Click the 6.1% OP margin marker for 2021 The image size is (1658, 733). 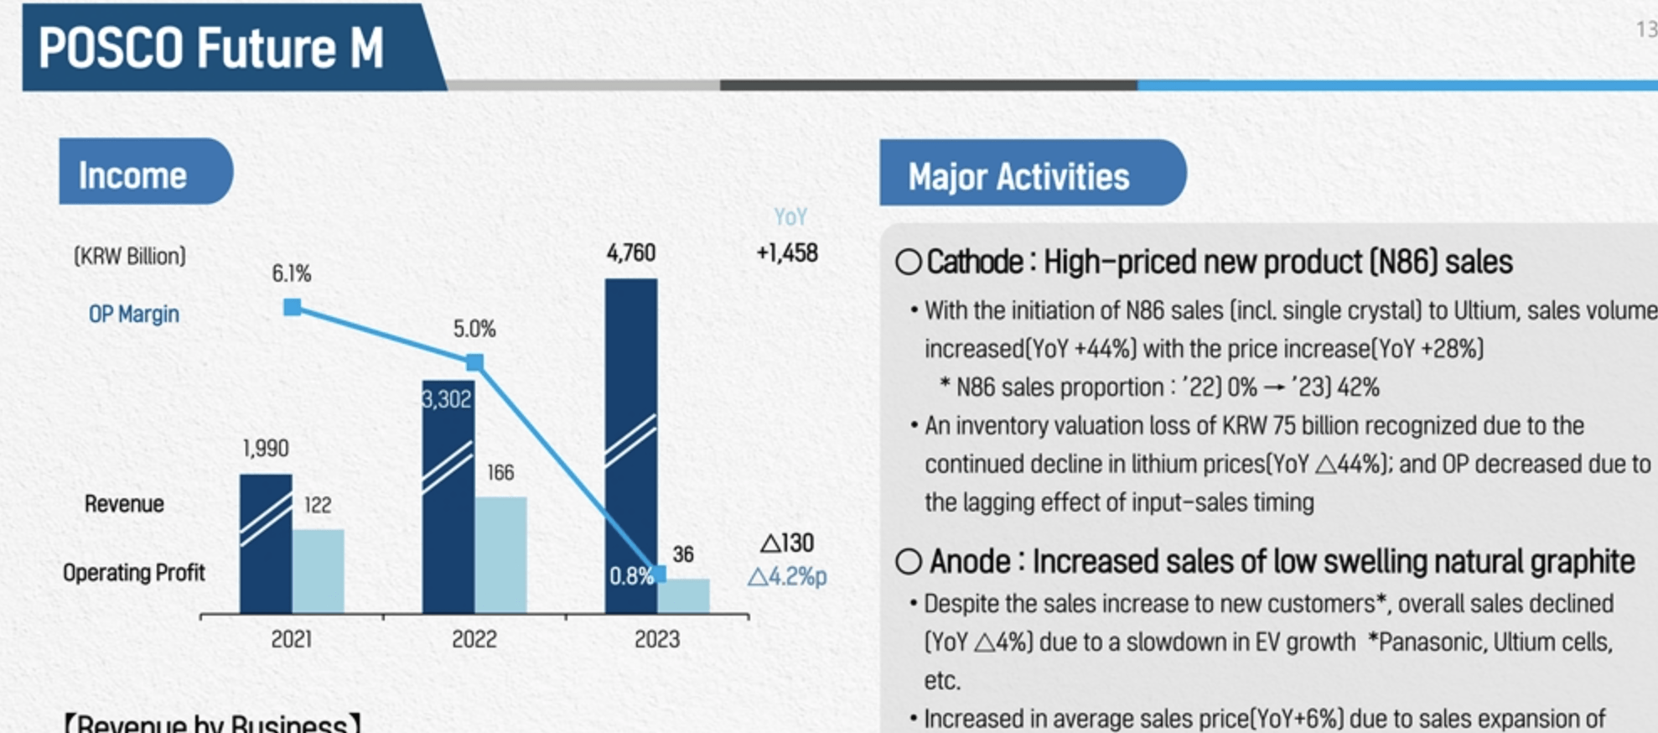tap(292, 307)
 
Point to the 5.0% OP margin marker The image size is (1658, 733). tap(474, 362)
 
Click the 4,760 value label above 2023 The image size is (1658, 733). tap(630, 252)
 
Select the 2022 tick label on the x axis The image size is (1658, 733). tap(474, 639)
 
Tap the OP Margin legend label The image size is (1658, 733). tap(133, 314)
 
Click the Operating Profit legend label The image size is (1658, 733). tap(133, 573)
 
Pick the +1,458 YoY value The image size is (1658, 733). tap(786, 252)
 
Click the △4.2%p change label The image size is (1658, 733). tap(786, 577)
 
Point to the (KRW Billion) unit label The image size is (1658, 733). tap(130, 256)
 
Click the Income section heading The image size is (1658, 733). tap(132, 175)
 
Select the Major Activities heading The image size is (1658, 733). tap(1018, 177)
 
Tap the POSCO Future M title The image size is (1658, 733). tap(210, 48)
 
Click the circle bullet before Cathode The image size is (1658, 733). tap(908, 263)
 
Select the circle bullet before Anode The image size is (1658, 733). tap(908, 561)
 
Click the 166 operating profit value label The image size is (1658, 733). tap(500, 473)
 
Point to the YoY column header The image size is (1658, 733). tap(790, 217)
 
